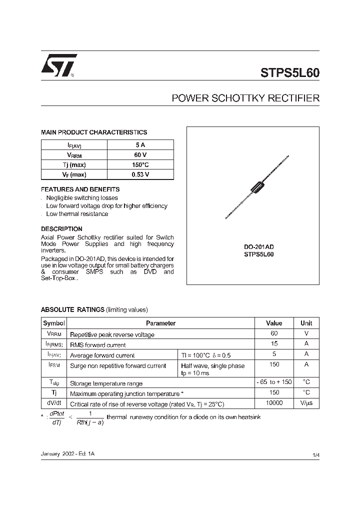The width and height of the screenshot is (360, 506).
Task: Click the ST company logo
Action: click(x=58, y=65)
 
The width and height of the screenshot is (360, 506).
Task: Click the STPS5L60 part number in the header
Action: click(x=289, y=72)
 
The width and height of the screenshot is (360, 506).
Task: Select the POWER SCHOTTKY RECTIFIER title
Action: click(x=245, y=98)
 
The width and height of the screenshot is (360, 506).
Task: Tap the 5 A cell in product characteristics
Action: click(x=140, y=144)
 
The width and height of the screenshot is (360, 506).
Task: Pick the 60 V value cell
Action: click(x=140, y=154)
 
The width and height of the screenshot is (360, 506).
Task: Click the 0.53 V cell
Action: click(x=140, y=174)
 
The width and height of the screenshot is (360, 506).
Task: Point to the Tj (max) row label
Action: click(x=74, y=164)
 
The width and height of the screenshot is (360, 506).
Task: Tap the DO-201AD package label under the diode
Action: click(x=258, y=247)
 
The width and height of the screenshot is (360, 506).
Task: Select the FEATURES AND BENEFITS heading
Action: click(x=80, y=189)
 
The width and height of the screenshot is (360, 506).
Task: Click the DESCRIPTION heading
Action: click(x=61, y=229)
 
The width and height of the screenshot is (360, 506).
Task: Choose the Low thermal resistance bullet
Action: click(x=77, y=214)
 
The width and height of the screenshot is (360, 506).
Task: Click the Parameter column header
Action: click(x=160, y=323)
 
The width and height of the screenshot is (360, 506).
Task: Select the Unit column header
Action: click(x=306, y=323)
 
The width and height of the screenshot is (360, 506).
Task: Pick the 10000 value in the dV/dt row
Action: click(x=274, y=403)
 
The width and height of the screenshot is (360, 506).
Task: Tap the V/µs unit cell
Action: click(x=306, y=403)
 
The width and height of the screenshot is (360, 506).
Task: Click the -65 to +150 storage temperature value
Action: click(x=274, y=382)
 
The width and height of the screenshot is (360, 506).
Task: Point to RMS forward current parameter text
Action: click(x=98, y=345)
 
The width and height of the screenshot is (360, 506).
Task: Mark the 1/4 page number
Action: click(x=315, y=454)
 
